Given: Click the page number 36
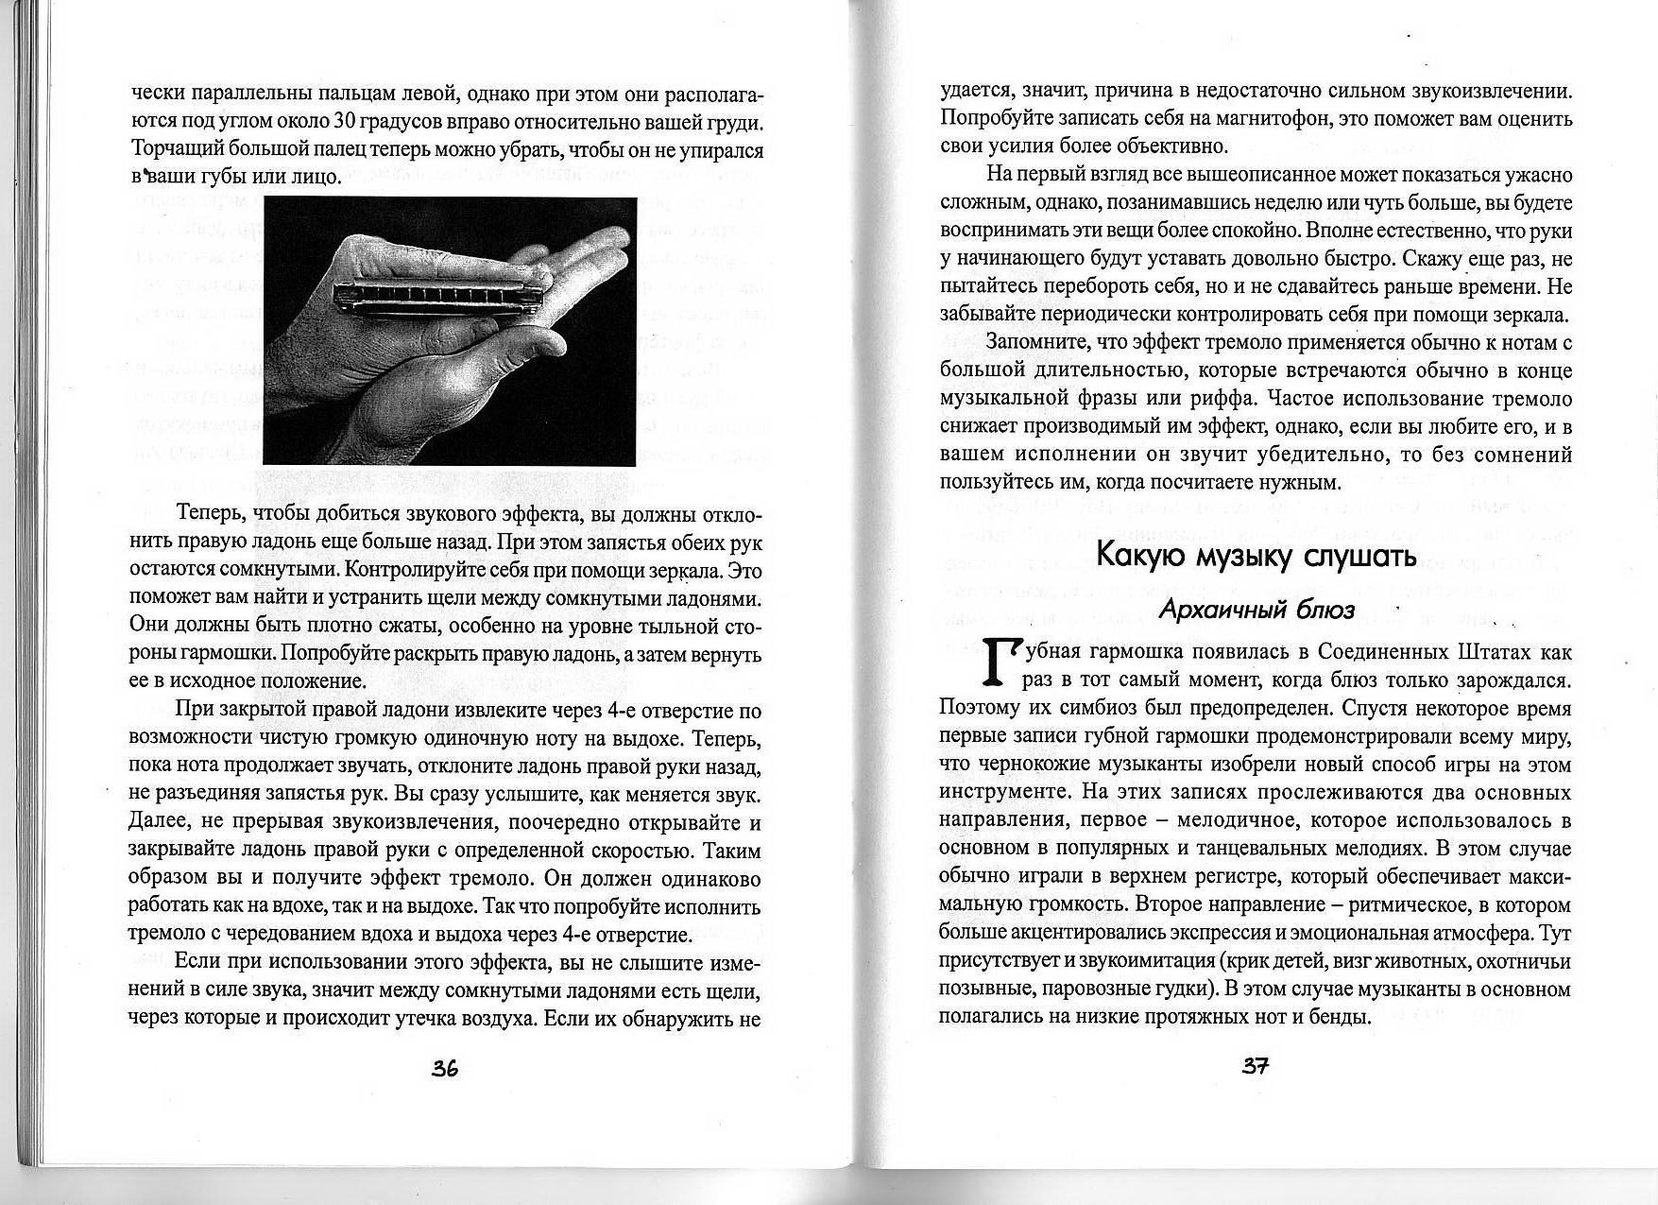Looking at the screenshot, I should tap(445, 1069).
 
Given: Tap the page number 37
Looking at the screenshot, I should tap(1256, 1066).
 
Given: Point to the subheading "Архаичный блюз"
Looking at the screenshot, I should tap(1256, 610).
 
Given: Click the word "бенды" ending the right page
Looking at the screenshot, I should tap(1340, 1017).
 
